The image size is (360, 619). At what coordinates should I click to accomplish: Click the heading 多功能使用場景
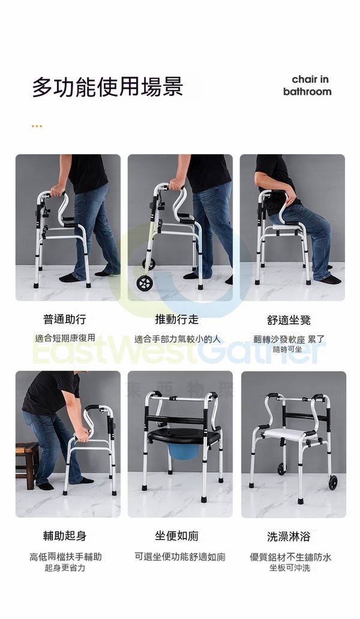tap(107, 87)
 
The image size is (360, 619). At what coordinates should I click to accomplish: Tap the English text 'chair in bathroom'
tap(307, 86)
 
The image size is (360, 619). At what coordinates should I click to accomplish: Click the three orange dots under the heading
tap(37, 126)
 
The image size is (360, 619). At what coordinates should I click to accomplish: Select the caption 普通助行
tap(65, 319)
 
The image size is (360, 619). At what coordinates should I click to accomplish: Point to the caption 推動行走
tap(176, 319)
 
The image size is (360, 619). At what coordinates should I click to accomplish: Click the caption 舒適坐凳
tap(289, 320)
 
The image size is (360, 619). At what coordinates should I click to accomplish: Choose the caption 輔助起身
tap(65, 536)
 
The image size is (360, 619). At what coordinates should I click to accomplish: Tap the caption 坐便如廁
tap(176, 536)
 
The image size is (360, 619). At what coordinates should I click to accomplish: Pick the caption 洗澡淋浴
tap(289, 537)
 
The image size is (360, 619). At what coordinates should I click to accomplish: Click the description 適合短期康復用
tap(65, 338)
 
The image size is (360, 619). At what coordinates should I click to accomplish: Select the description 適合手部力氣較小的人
tap(178, 339)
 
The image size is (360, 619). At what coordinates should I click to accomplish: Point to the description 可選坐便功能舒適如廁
tap(180, 557)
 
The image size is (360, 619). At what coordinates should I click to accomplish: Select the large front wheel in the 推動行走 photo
tap(145, 283)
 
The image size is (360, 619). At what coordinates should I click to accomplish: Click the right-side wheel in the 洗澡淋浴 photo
tap(334, 482)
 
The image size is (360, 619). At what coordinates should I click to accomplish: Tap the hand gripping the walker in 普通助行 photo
tap(58, 191)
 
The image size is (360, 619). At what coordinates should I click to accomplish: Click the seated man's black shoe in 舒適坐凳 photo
tap(331, 280)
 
